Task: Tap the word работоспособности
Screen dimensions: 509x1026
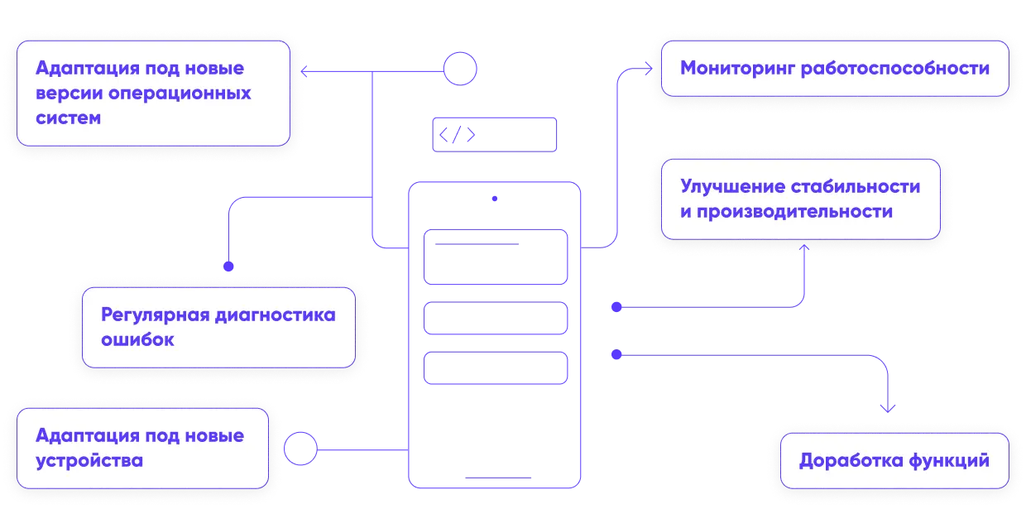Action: [x=895, y=69]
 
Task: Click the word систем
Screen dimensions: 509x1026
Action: [x=69, y=118]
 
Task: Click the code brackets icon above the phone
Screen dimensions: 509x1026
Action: [x=457, y=136]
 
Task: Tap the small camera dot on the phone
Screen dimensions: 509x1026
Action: [x=495, y=199]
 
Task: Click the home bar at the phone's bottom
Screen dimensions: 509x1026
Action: [x=495, y=479]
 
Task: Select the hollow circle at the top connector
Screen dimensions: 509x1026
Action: [x=461, y=69]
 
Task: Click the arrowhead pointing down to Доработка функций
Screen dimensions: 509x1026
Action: [x=889, y=409]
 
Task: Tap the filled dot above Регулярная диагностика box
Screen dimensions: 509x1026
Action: [x=228, y=267]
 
